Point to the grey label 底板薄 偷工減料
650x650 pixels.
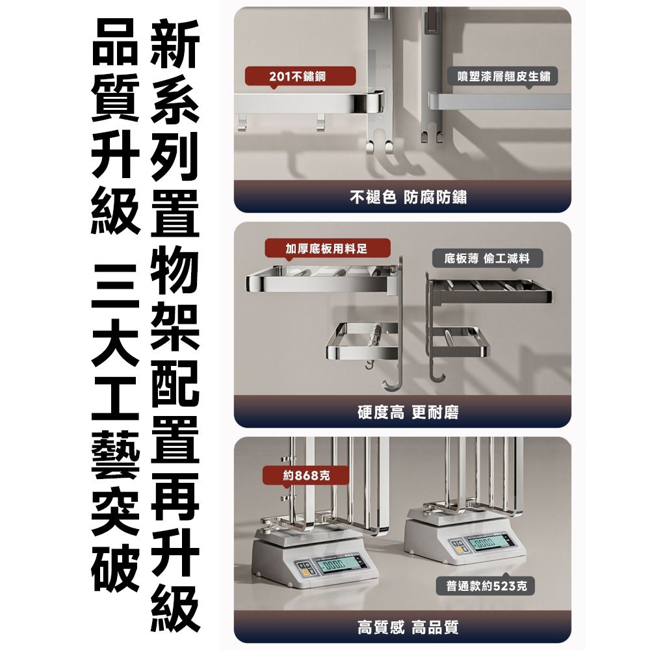pos(487,259)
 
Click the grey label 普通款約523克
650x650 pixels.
pos(487,587)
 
